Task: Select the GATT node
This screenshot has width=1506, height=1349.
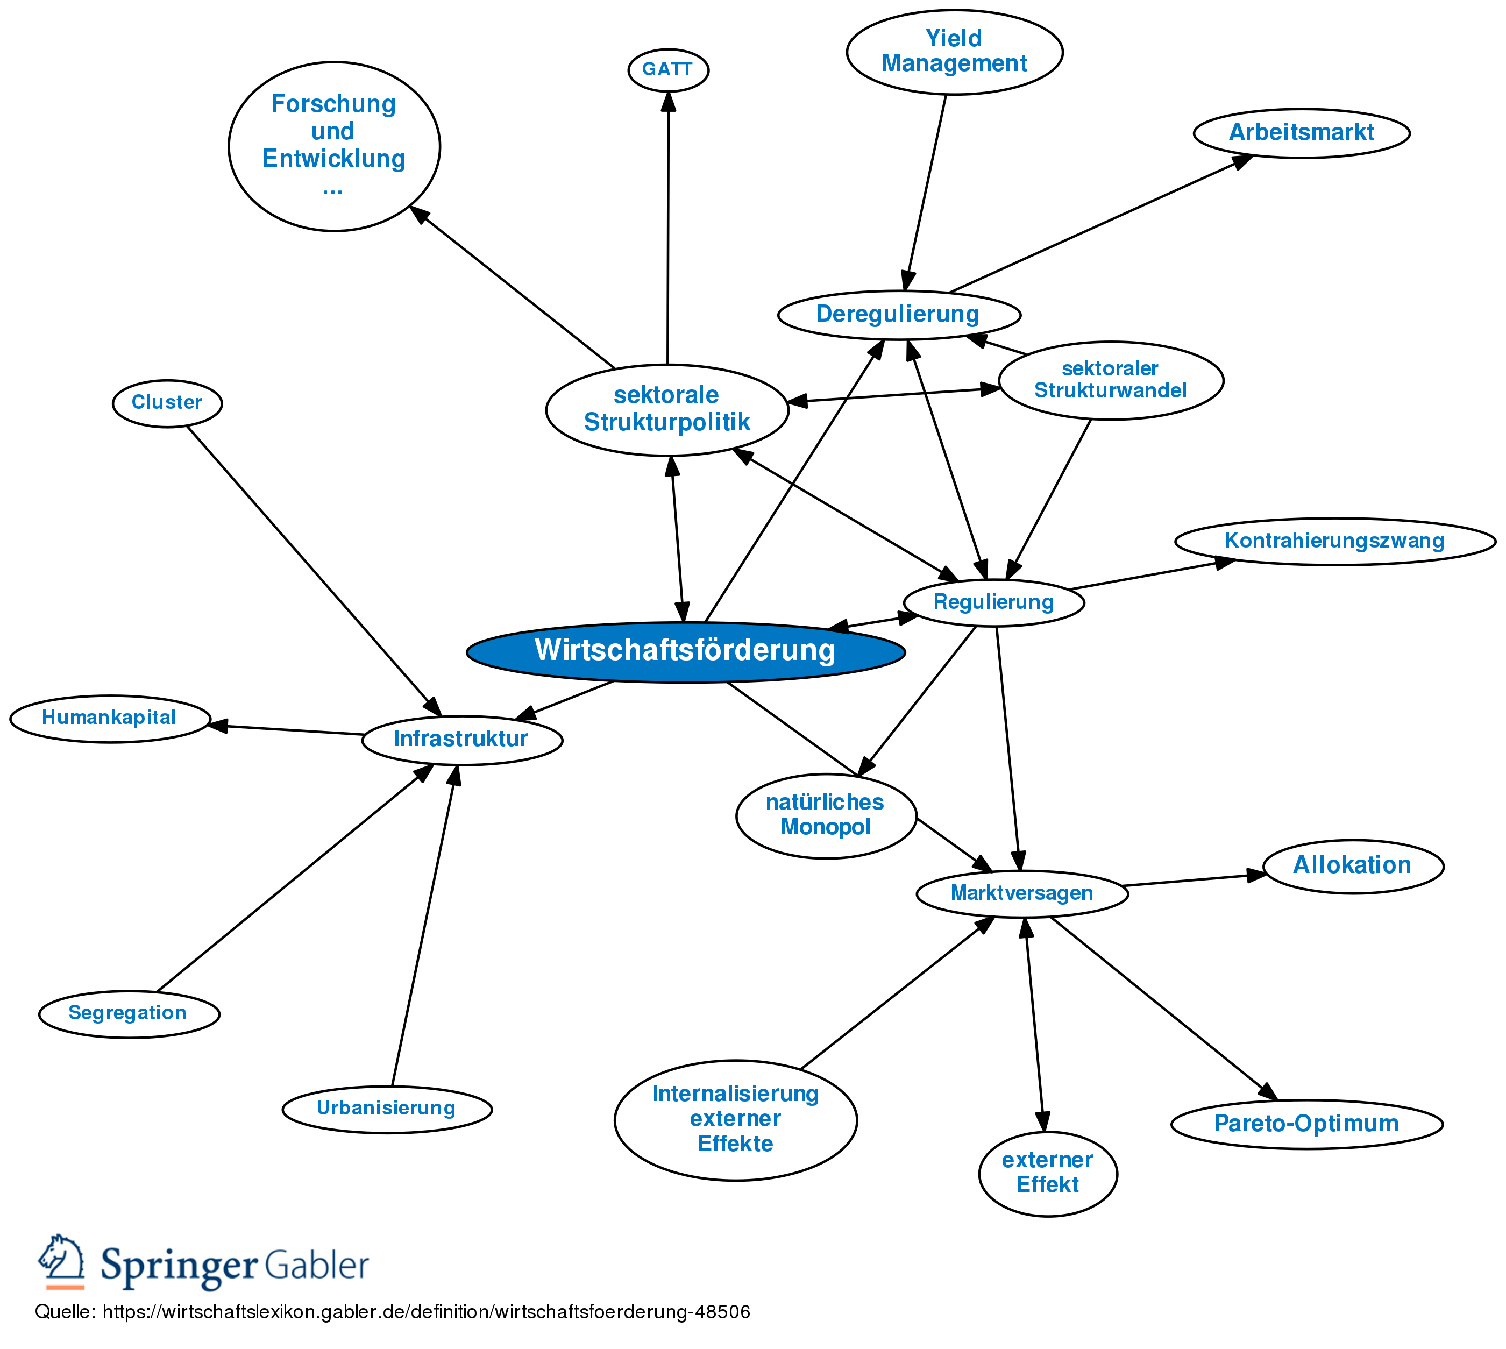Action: (668, 70)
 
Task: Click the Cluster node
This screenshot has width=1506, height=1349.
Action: (167, 402)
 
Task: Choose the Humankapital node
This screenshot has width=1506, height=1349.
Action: (109, 718)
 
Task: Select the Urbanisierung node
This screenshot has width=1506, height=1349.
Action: (386, 1107)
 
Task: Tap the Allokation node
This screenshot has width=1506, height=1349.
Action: (1353, 865)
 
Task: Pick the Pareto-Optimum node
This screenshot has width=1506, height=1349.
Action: (1306, 1123)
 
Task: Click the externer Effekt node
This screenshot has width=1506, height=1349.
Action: (1047, 1172)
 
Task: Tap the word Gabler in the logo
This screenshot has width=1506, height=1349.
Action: (316, 1265)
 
